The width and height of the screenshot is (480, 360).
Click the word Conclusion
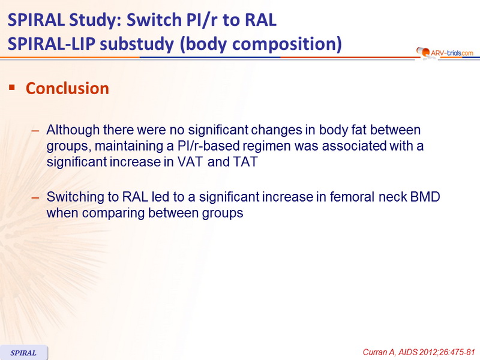point(67,88)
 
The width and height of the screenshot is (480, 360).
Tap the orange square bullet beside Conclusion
point(12,88)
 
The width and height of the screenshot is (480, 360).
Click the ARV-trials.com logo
point(445,53)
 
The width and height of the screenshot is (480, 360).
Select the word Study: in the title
point(95,20)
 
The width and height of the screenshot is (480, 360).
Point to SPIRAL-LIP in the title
point(52,43)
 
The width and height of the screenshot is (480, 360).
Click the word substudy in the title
point(137,44)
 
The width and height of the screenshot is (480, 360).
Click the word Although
point(73,130)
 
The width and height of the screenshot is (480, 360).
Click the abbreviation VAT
point(190,162)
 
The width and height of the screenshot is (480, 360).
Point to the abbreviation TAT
point(245,162)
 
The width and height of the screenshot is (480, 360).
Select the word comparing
point(113,214)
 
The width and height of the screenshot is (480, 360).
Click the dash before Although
point(35,131)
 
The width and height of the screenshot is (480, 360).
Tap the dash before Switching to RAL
point(35,198)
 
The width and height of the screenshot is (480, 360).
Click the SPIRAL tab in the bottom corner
point(23,353)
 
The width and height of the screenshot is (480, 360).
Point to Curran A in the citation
point(379,352)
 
